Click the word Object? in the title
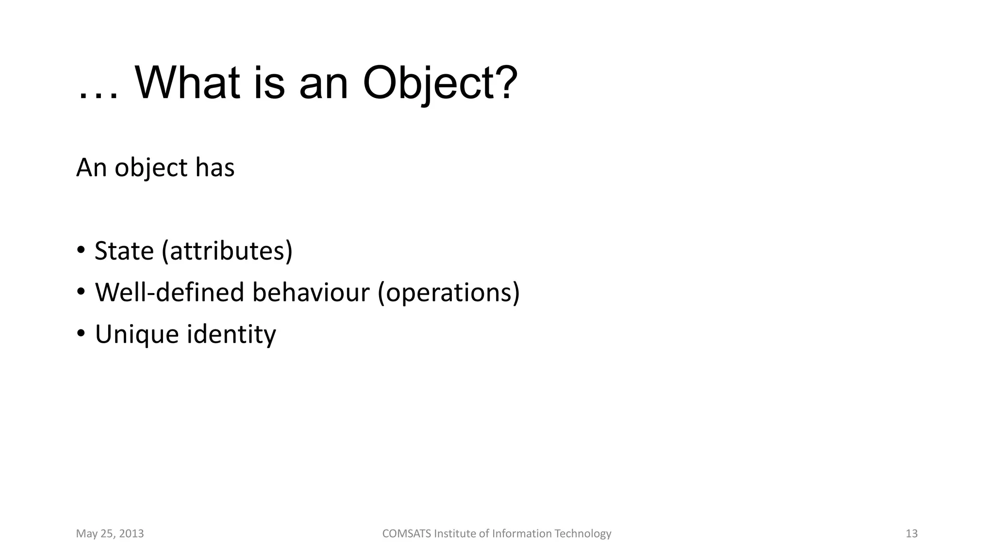pos(440,83)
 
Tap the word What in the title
pos(187,83)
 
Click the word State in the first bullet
pos(124,251)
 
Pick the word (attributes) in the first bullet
pos(227,251)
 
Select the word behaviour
pos(311,293)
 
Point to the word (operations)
pos(448,293)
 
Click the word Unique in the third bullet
pos(137,335)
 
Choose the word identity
pos(231,335)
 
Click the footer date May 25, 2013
pos(110,534)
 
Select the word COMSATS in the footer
pos(407,534)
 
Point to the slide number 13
pos(911,534)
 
